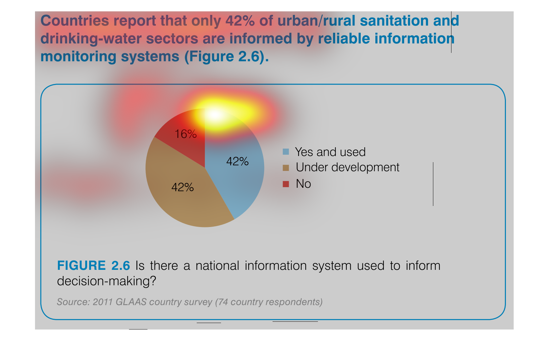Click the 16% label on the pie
(x=185, y=134)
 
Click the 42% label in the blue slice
(x=237, y=162)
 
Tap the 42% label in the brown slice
(x=182, y=187)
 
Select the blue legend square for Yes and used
(x=286, y=151)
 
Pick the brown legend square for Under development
(x=286, y=168)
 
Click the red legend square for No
(x=286, y=184)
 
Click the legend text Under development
(x=347, y=168)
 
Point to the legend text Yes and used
(x=330, y=152)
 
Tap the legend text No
(x=303, y=184)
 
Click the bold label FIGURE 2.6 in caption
(x=93, y=266)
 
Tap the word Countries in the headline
(x=75, y=21)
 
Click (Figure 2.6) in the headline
(x=227, y=57)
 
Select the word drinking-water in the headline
(x=91, y=39)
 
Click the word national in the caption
(x=217, y=266)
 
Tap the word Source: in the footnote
(x=73, y=302)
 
